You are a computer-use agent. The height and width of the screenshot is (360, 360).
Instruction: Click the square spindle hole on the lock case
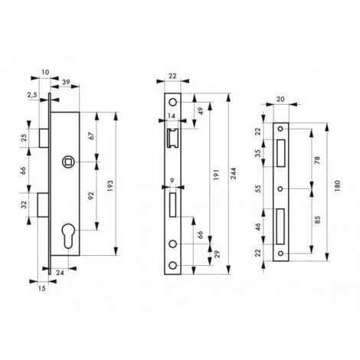(69, 162)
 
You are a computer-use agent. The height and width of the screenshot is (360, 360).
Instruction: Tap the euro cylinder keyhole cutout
(69, 236)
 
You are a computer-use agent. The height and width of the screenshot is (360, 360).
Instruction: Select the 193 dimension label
(110, 186)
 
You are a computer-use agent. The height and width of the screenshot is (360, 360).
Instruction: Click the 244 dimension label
(233, 174)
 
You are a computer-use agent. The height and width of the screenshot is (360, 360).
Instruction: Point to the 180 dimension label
(337, 186)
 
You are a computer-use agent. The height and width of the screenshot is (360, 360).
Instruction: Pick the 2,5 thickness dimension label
(32, 95)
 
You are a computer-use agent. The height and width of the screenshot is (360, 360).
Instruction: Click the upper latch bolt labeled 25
(44, 138)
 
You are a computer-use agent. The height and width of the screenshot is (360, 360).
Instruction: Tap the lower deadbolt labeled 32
(43, 205)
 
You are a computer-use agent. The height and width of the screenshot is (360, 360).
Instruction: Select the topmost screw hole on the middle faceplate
(173, 103)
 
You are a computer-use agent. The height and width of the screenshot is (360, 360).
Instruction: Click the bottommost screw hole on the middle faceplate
(173, 266)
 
